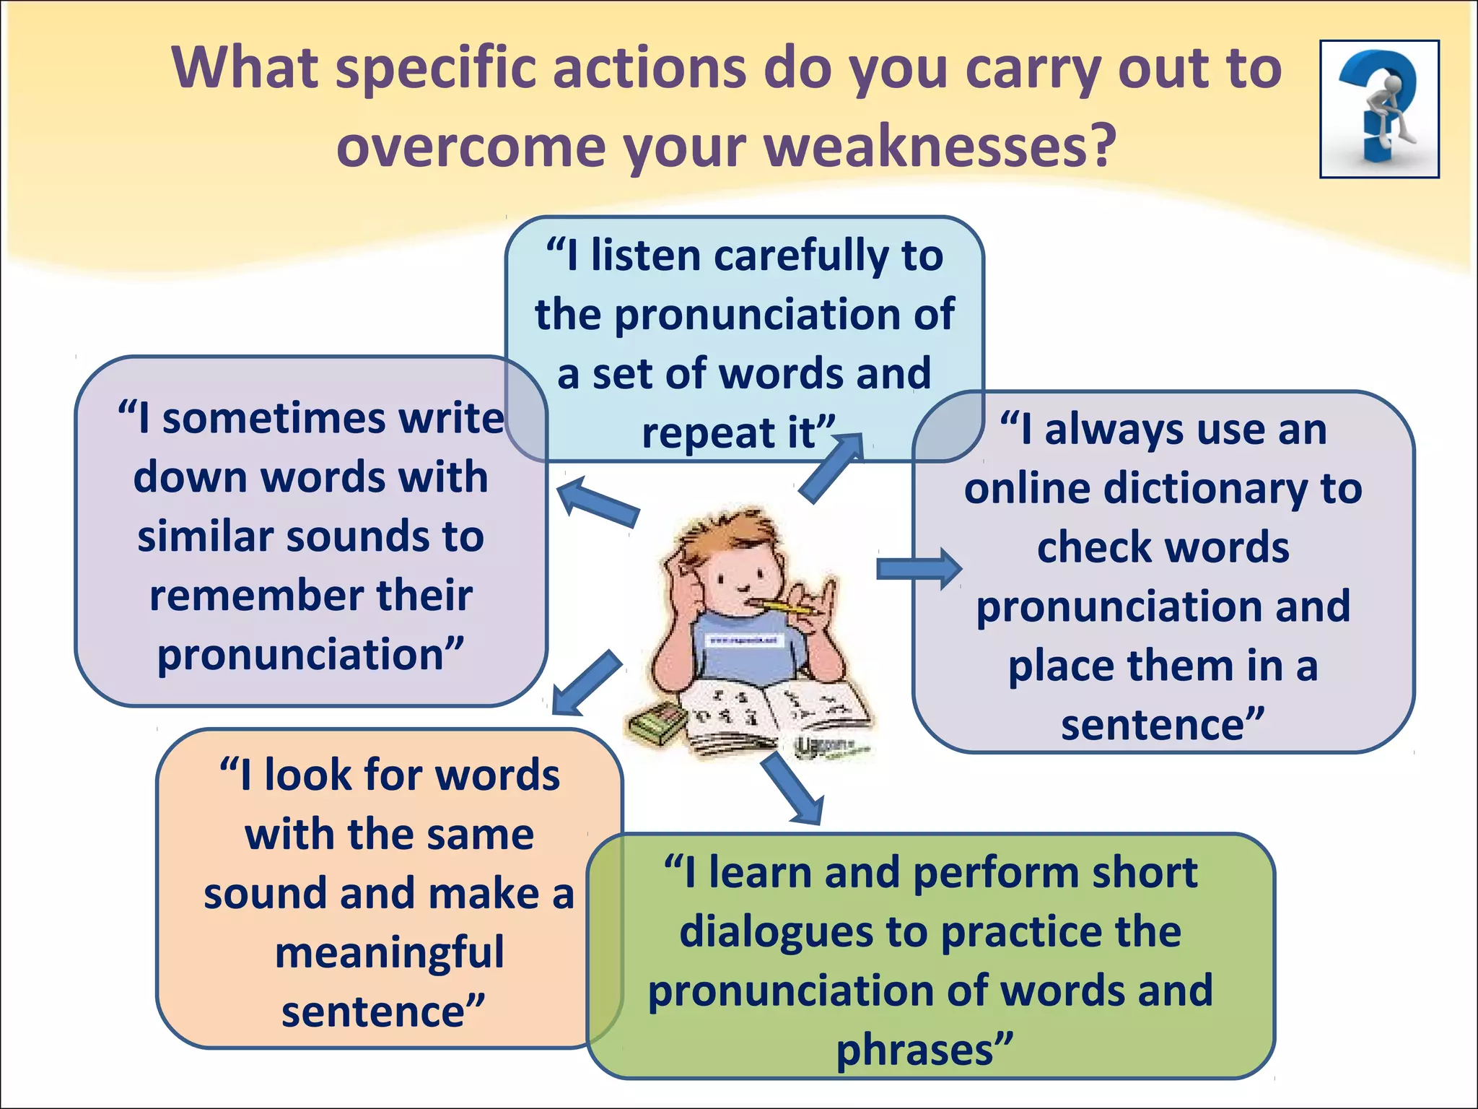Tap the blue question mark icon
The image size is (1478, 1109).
(x=1379, y=108)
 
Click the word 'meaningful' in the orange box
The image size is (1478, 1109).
(x=390, y=953)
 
